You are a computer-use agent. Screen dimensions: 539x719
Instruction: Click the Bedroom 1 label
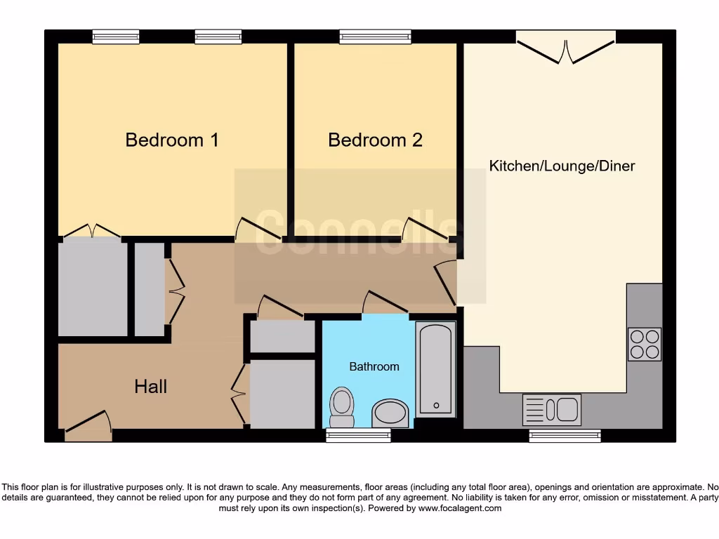(172, 140)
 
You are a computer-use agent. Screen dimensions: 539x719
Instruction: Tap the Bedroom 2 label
(375, 140)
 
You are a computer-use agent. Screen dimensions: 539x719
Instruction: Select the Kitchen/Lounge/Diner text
(562, 166)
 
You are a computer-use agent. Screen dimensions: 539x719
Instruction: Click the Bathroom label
(374, 366)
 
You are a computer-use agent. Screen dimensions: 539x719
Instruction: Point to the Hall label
(151, 386)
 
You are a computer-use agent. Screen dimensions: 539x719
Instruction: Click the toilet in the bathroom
(342, 406)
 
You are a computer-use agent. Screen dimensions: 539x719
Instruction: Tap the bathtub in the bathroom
(436, 369)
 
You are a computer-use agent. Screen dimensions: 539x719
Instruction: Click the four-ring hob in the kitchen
(645, 344)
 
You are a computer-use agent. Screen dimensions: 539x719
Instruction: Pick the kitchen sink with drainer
(552, 409)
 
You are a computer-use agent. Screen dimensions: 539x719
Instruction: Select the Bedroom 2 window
(375, 36)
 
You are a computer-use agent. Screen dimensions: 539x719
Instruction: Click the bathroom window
(359, 436)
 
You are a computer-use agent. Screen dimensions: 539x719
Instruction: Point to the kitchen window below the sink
(565, 436)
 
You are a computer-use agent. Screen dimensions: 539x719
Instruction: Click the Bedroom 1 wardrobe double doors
(91, 231)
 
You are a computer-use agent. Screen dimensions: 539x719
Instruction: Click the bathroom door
(385, 302)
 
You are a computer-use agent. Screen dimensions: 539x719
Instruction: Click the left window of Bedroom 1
(116, 36)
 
